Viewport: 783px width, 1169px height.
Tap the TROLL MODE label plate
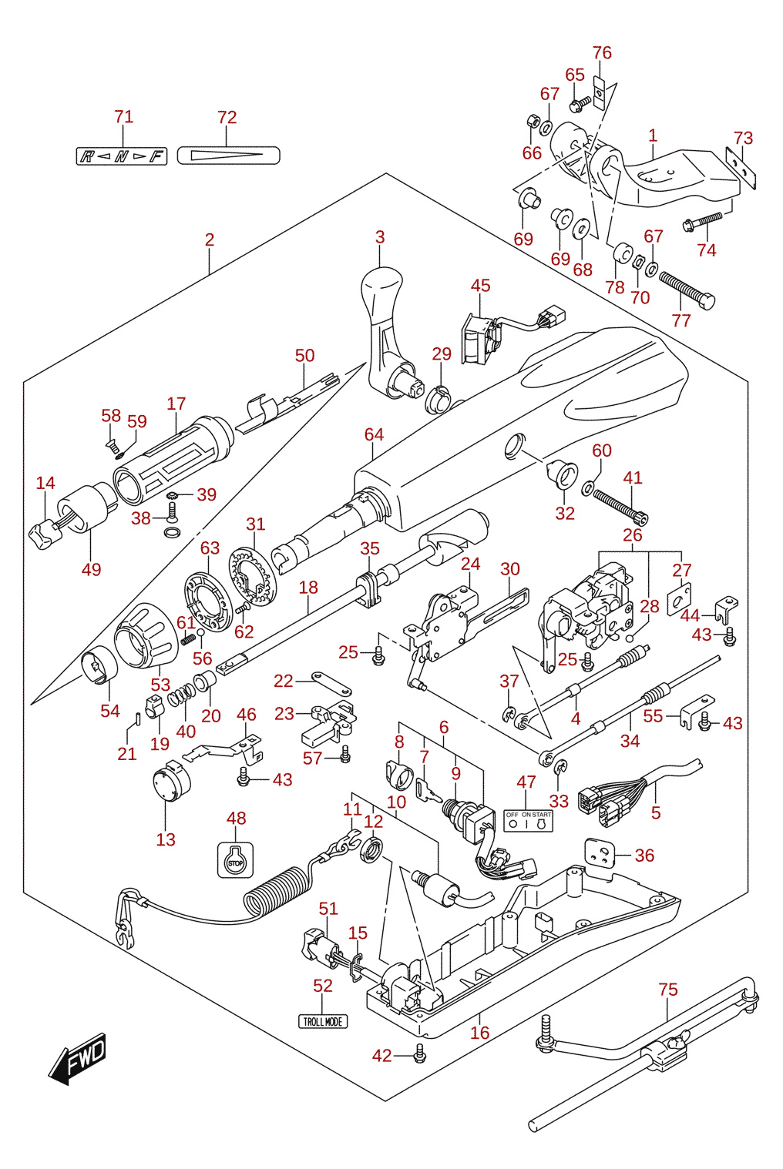pyautogui.click(x=322, y=1021)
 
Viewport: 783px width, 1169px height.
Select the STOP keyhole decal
pyautogui.click(x=235, y=860)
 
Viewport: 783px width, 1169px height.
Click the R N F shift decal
pyautogui.click(x=122, y=156)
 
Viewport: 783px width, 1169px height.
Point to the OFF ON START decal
pyautogui.click(x=528, y=820)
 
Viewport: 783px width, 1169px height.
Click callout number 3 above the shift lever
pyautogui.click(x=380, y=237)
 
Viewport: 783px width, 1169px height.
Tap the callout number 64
pyautogui.click(x=374, y=434)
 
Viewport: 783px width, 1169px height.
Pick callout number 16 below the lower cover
pyautogui.click(x=479, y=1032)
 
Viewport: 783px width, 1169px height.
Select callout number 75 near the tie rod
pyautogui.click(x=668, y=990)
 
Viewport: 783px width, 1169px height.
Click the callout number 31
pyautogui.click(x=255, y=524)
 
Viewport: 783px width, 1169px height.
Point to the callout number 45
pyautogui.click(x=480, y=286)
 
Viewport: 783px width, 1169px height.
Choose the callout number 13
pyautogui.click(x=166, y=839)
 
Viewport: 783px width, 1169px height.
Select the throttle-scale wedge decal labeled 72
pyautogui.click(x=228, y=156)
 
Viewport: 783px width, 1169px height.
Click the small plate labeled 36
pyautogui.click(x=599, y=852)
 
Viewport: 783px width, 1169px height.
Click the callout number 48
pyautogui.click(x=236, y=819)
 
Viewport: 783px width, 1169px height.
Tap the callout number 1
pyautogui.click(x=653, y=136)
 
